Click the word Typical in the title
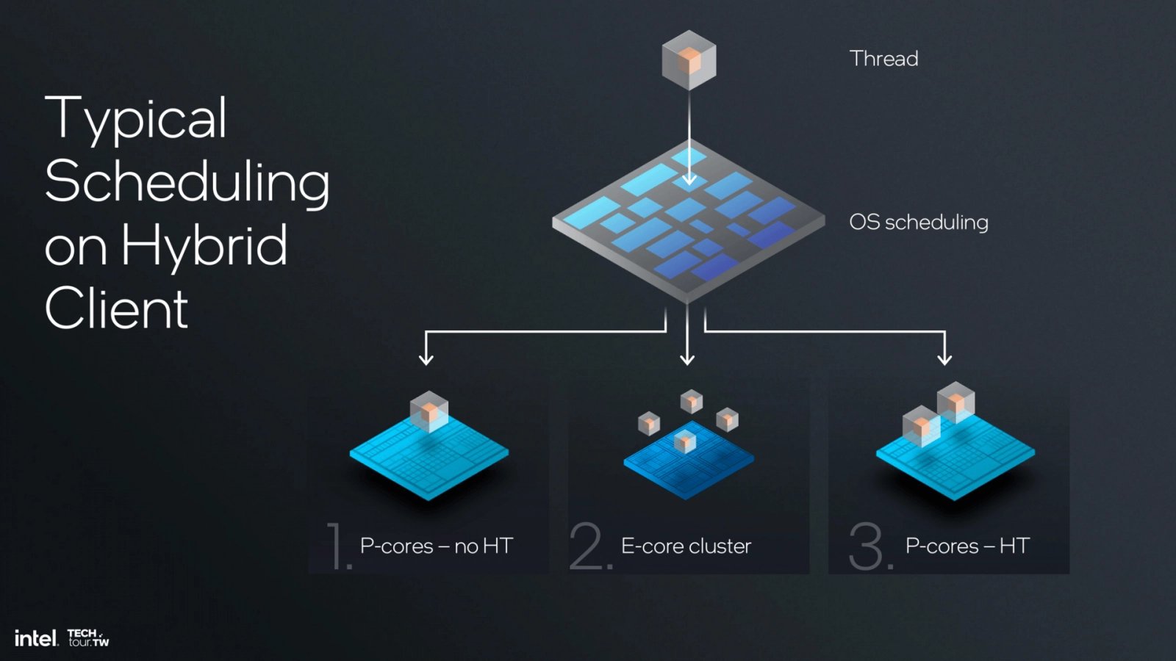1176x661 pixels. pos(136,119)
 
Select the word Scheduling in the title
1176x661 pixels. pos(187,182)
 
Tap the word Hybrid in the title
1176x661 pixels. pos(204,245)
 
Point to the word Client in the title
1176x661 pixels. pos(116,308)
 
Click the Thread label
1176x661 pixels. pos(883,59)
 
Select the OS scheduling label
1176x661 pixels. pos(918,222)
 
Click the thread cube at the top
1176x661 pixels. pos(689,60)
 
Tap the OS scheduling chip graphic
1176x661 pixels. pos(688,220)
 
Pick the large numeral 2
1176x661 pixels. pos(589,546)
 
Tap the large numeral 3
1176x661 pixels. pos(869,546)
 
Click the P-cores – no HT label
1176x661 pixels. pos(436,546)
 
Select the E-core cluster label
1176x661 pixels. pos(686,546)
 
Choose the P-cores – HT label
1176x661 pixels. pos(967,546)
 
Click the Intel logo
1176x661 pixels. pos(35,638)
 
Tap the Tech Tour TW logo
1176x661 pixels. pos(88,637)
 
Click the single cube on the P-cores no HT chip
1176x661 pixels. pos(429,411)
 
